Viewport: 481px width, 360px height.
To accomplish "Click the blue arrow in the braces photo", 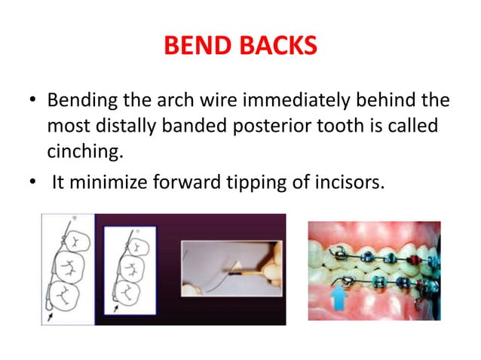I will [x=336, y=297].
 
